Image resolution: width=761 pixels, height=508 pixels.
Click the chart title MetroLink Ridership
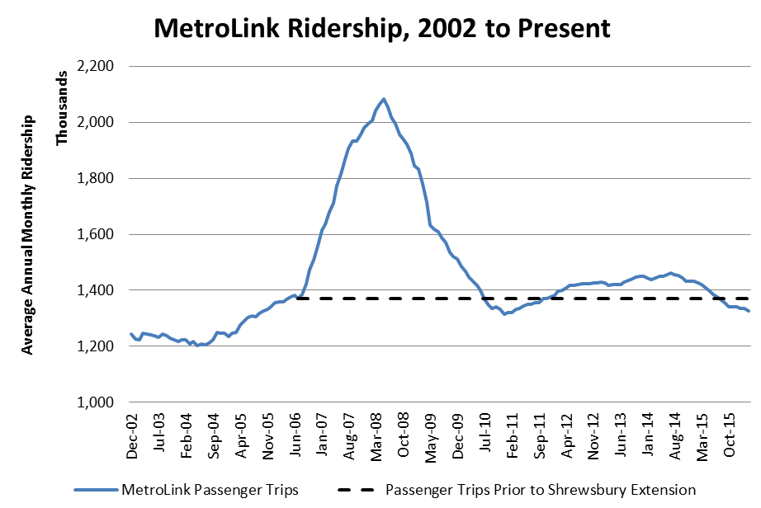tap(381, 29)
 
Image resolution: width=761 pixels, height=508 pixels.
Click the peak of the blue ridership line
tap(384, 99)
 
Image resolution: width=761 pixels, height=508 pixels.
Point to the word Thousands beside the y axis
tap(62, 108)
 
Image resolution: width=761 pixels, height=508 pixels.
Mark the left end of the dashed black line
tap(296, 299)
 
